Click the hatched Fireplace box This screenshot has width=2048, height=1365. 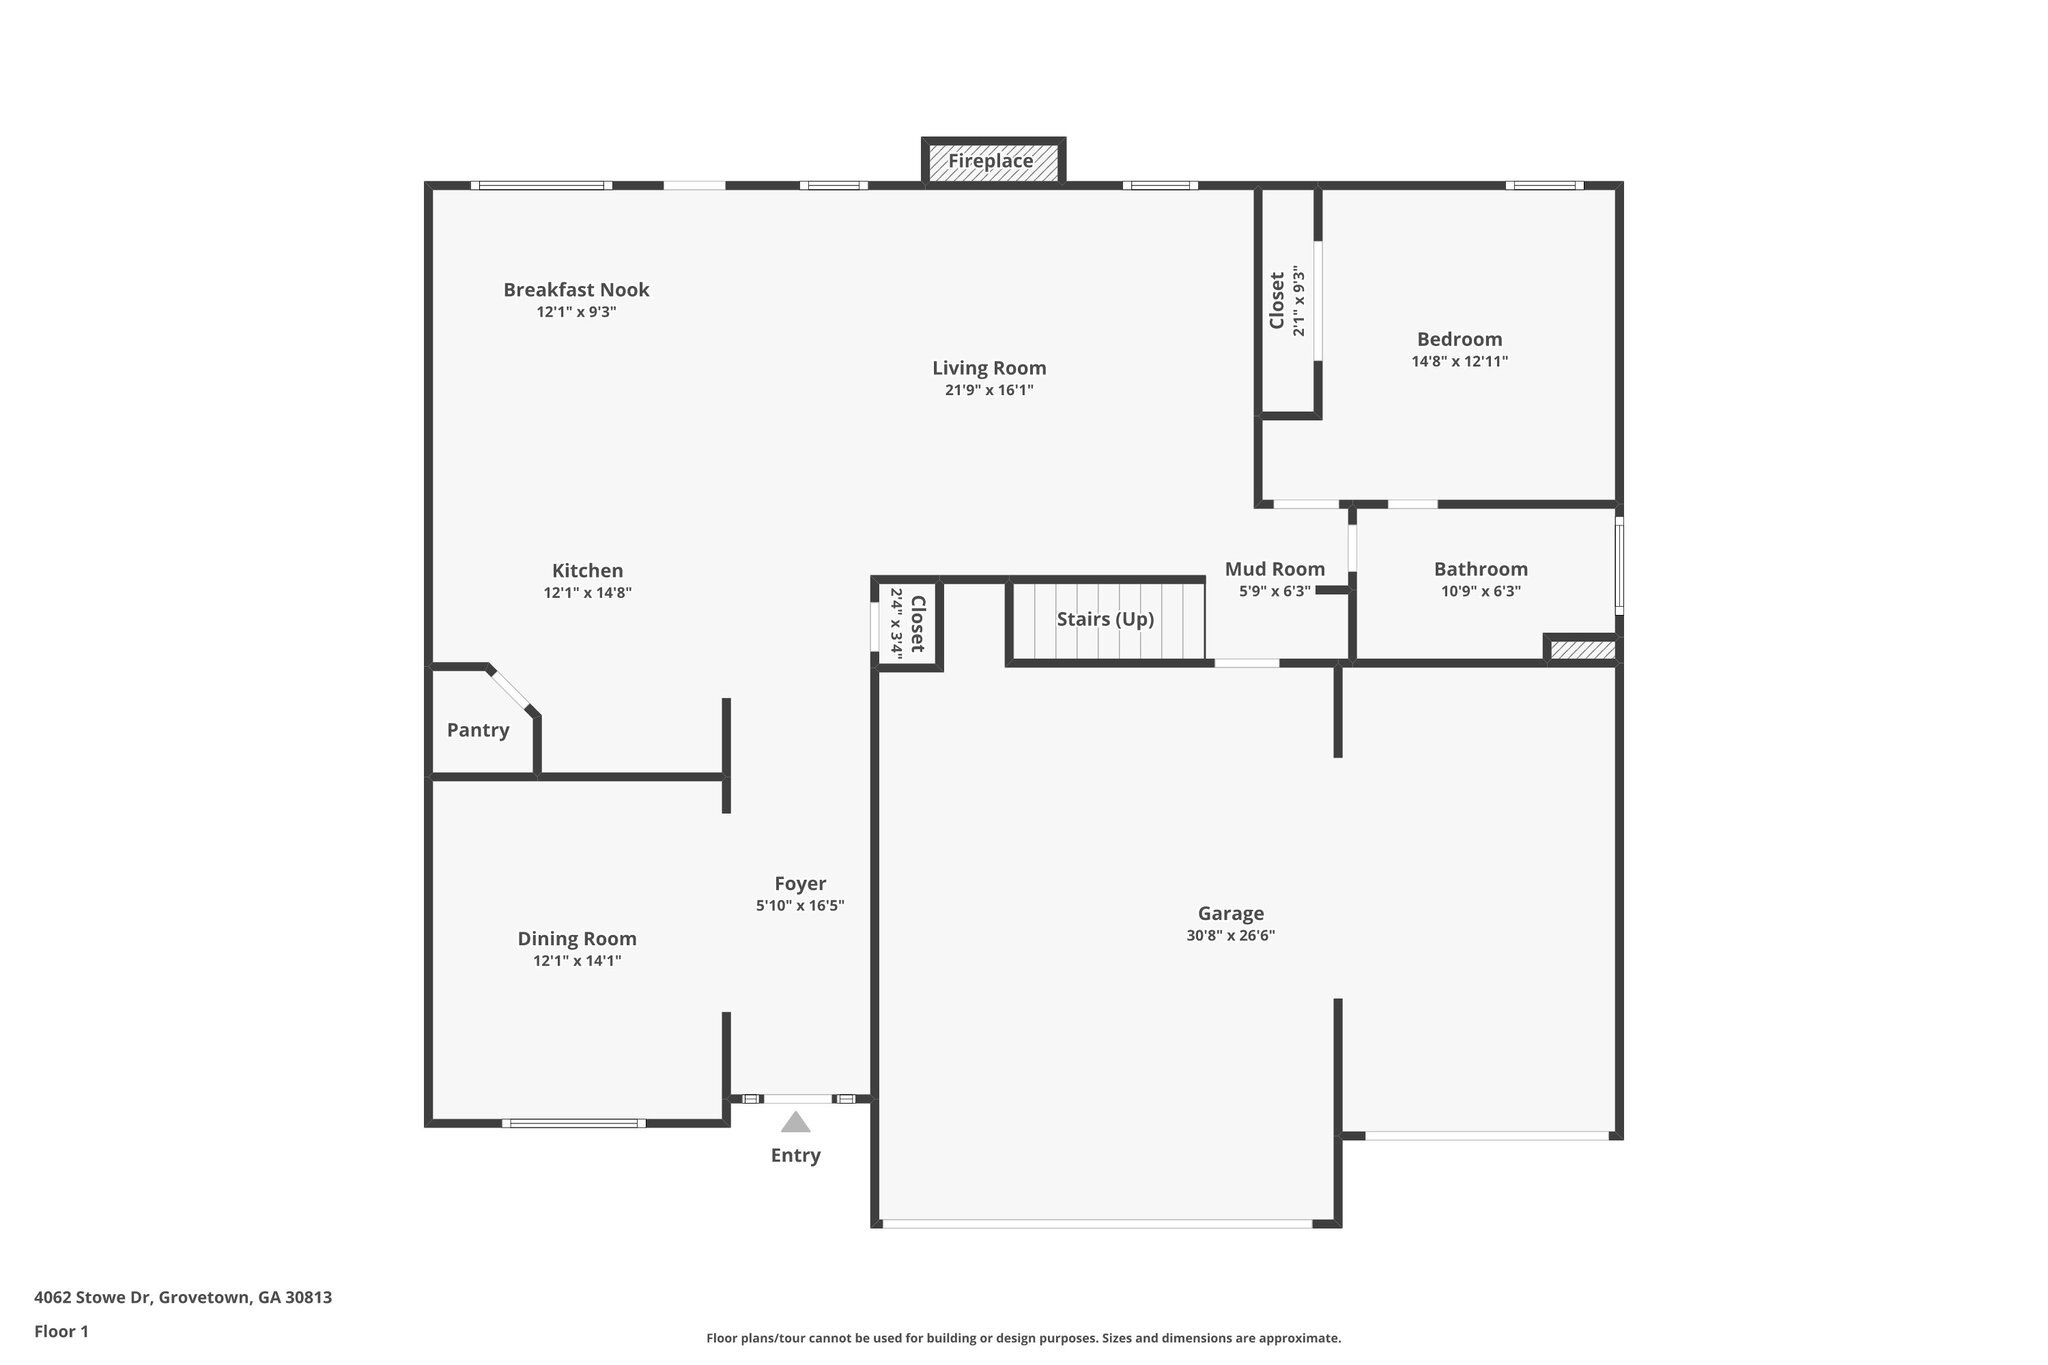[x=992, y=162]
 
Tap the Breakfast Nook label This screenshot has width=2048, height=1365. [x=576, y=290]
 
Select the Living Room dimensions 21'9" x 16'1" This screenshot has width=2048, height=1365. [x=989, y=390]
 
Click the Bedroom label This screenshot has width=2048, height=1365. [x=1459, y=339]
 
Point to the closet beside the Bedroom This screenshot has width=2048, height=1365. [x=1286, y=300]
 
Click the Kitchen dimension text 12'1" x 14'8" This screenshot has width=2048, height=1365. [x=587, y=593]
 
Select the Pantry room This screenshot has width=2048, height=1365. [x=478, y=730]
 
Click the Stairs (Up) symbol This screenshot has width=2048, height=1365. [x=1106, y=620]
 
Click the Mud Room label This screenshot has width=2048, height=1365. [x=1275, y=569]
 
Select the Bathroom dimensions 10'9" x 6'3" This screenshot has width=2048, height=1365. [x=1480, y=591]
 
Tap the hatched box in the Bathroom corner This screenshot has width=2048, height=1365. [x=1582, y=650]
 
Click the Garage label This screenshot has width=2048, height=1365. [x=1231, y=913]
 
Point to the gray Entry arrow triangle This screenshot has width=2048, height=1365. [x=795, y=1122]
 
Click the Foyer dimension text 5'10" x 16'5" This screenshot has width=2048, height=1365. [x=800, y=906]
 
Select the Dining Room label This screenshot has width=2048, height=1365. [x=577, y=939]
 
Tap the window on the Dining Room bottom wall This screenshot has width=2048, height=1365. [x=574, y=1123]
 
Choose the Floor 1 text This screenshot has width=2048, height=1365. [x=62, y=1331]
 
